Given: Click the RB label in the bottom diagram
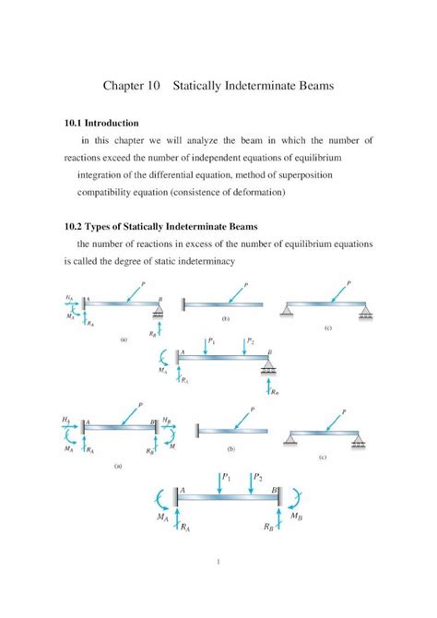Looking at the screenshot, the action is pyautogui.click(x=266, y=528).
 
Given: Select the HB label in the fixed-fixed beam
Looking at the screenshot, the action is pyautogui.click(x=168, y=421).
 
